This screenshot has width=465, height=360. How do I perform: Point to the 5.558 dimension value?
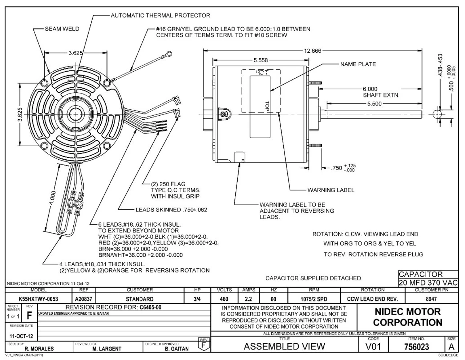tap(260, 60)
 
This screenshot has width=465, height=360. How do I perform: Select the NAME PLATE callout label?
tap(358, 64)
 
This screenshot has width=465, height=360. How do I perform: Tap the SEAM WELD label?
tap(62, 29)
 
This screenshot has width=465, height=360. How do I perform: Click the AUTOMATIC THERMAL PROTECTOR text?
tap(160, 16)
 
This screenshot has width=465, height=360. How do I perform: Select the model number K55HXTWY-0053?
tap(38, 299)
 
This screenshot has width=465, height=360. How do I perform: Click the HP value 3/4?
tap(197, 299)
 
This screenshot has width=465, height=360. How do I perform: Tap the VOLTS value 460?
tap(224, 299)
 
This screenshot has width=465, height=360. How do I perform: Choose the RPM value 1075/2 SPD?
tap(314, 299)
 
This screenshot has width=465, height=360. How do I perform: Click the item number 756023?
tap(416, 347)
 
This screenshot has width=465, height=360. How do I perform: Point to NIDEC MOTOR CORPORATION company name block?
tap(407, 317)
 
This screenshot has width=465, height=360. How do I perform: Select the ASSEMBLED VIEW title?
tap(284, 347)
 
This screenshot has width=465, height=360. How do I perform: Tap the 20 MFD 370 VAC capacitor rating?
tap(428, 283)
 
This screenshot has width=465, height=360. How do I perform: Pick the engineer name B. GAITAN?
tap(177, 349)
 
